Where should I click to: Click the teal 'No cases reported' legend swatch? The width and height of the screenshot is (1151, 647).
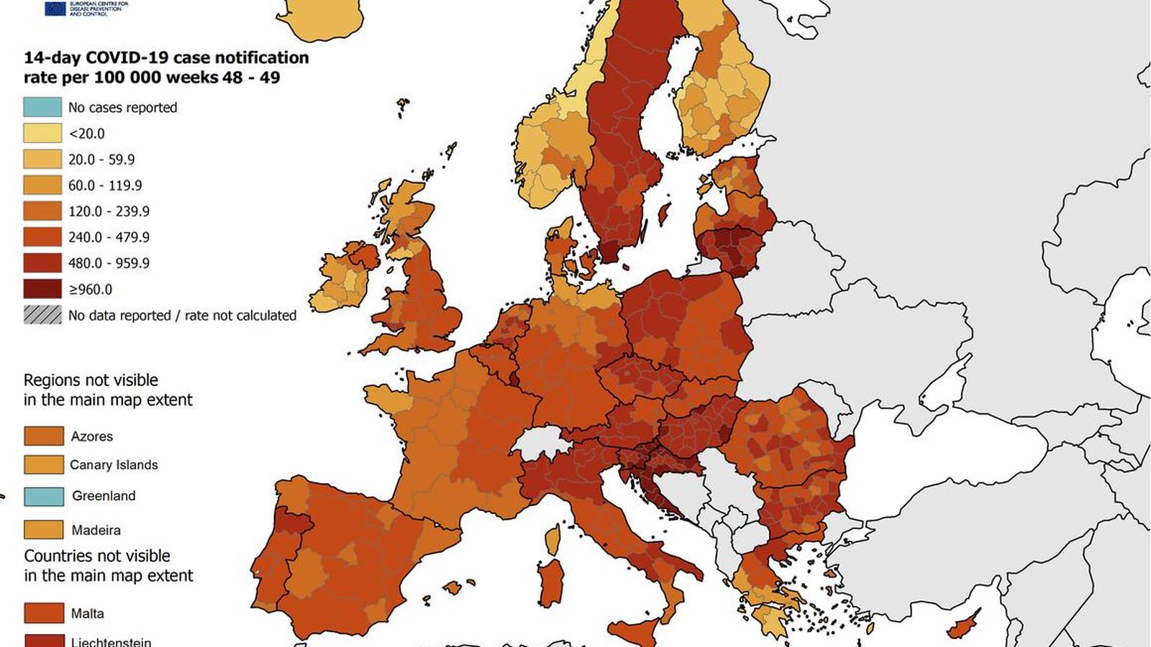(42, 107)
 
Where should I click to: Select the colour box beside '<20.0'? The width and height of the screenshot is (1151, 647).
(42, 133)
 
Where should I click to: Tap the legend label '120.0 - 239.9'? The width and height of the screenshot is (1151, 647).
(109, 211)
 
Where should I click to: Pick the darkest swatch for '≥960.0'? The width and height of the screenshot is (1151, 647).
(42, 289)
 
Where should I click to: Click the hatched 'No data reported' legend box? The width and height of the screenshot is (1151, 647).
(42, 315)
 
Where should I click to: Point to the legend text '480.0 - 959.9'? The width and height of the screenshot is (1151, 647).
(109, 263)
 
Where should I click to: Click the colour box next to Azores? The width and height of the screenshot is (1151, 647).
(43, 436)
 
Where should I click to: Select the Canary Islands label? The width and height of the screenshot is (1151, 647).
(114, 465)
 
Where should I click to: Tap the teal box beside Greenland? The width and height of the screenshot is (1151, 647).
(43, 496)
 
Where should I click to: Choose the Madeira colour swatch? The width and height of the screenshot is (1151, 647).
(43, 530)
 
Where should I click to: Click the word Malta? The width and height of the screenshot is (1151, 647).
(87, 613)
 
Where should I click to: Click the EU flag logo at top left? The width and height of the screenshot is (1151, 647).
(55, 8)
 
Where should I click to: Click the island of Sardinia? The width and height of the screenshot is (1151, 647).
(551, 582)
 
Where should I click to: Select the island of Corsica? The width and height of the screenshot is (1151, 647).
(552, 540)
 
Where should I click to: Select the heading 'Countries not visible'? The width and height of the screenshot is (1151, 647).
(97, 556)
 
